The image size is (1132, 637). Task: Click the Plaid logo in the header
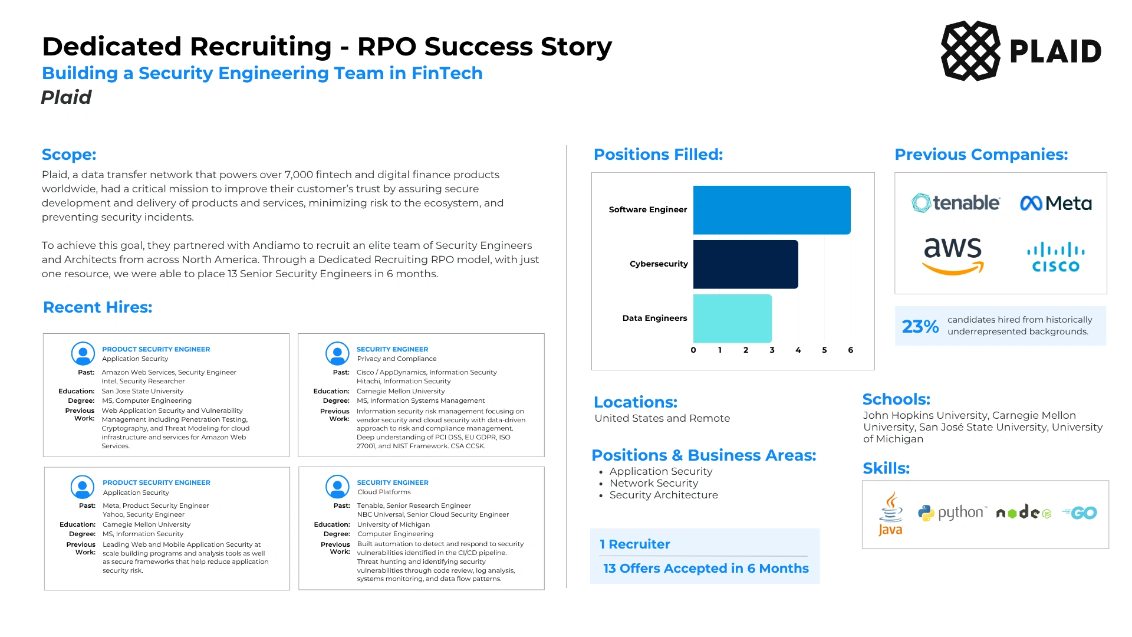(x=1021, y=51)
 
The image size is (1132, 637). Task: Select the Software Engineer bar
(x=772, y=210)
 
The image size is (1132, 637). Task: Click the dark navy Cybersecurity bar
(x=746, y=264)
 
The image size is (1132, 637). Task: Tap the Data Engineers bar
(x=732, y=318)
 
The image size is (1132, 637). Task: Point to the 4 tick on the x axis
(x=798, y=350)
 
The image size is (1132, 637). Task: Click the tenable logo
(x=956, y=203)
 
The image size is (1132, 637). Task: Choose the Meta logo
(x=1056, y=203)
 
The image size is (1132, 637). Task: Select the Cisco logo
(x=1056, y=257)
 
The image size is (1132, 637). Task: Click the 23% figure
(x=920, y=326)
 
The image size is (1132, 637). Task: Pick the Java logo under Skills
(x=890, y=514)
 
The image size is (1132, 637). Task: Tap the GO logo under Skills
(x=1080, y=513)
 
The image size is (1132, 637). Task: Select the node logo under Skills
(x=1024, y=513)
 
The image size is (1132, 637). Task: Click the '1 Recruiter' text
(x=635, y=544)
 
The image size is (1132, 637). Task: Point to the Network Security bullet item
(x=654, y=483)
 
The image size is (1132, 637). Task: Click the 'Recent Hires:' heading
(x=98, y=307)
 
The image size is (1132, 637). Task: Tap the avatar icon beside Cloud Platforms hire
(x=337, y=487)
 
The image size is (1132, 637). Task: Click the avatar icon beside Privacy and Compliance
(x=337, y=353)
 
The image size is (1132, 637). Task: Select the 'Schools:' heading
(x=896, y=399)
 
